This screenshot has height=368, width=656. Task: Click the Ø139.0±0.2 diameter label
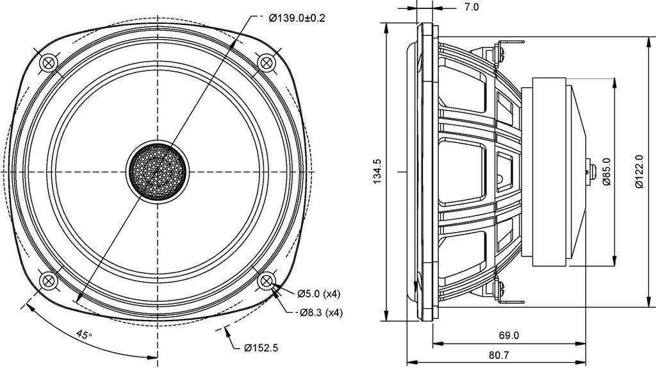pyautogui.click(x=297, y=17)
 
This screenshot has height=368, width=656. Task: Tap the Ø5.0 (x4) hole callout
pyautogui.click(x=319, y=294)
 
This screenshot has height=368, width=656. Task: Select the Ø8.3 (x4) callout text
pyautogui.click(x=321, y=312)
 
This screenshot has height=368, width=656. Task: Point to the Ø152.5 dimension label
pyautogui.click(x=261, y=347)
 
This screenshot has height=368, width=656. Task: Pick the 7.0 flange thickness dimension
pyautogui.click(x=471, y=7)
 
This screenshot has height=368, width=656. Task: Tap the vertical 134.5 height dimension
pyautogui.click(x=378, y=171)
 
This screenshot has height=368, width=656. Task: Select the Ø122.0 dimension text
pyautogui.click(x=639, y=171)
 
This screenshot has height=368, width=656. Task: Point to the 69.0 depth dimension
pyautogui.click(x=509, y=335)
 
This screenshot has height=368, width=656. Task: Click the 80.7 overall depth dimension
pyautogui.click(x=498, y=355)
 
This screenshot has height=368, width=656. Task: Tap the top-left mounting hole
pyautogui.click(x=49, y=63)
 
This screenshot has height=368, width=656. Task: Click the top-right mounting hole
pyautogui.click(x=266, y=63)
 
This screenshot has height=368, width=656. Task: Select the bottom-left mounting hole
pyautogui.click(x=49, y=280)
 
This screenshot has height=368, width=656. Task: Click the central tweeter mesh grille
pyautogui.click(x=158, y=172)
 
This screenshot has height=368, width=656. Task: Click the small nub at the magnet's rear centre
pyautogui.click(x=590, y=171)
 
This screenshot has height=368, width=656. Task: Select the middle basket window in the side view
pyautogui.click(x=463, y=171)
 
